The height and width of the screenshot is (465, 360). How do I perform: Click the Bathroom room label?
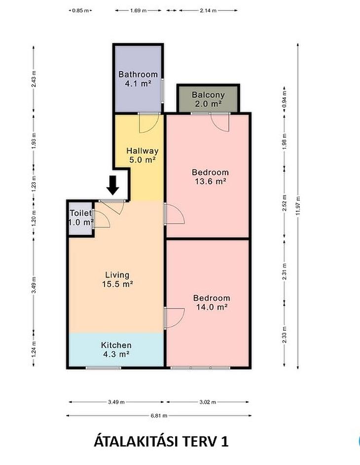tap(138, 79)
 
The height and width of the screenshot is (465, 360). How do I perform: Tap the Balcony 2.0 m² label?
tap(208, 99)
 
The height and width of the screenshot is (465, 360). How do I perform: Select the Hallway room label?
tap(143, 155)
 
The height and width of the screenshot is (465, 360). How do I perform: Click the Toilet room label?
tap(81, 217)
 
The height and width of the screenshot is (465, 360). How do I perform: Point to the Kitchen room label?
tap(116, 349)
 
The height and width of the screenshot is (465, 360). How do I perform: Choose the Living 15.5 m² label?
tap(117, 279)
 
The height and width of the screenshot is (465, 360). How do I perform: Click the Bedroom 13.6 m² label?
tap(211, 176)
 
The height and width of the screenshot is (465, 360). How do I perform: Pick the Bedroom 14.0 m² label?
tap(212, 302)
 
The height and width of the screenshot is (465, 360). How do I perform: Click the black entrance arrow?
tap(113, 185)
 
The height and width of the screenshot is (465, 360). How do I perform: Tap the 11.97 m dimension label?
tap(298, 206)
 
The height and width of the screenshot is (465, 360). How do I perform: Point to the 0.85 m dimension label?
tap(80, 10)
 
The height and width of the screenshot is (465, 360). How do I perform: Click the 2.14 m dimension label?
tap(208, 10)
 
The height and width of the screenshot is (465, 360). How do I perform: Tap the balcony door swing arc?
tap(217, 126)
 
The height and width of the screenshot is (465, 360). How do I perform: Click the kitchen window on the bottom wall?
tap(104, 368)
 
